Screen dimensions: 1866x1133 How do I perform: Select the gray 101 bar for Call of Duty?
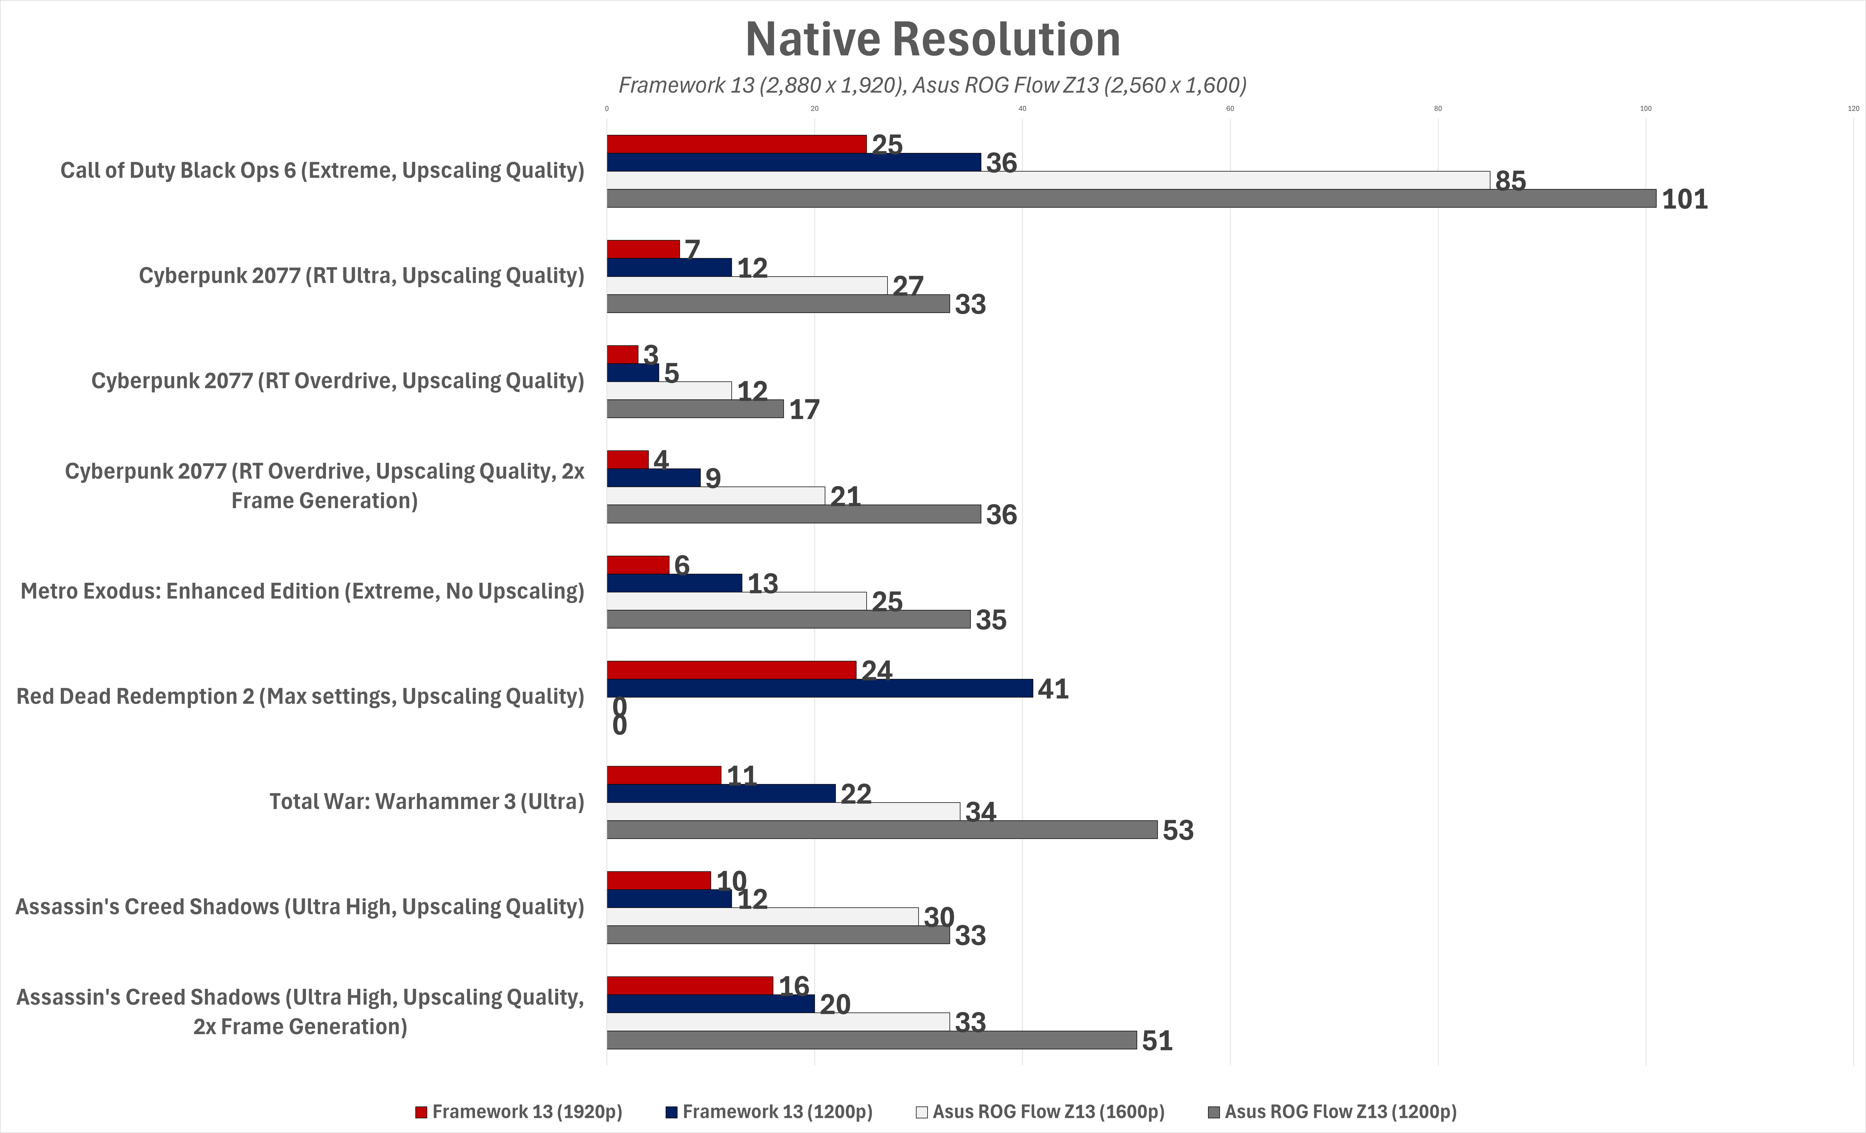(x=1131, y=198)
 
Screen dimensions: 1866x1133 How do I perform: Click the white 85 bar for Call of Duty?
(x=1048, y=180)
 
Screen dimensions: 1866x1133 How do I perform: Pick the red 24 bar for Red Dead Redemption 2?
(x=732, y=670)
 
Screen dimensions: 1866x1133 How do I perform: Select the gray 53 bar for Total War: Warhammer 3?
(x=882, y=829)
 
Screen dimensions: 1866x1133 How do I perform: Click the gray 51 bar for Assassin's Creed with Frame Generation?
(x=872, y=1040)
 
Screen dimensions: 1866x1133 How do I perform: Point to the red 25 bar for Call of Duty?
(x=737, y=144)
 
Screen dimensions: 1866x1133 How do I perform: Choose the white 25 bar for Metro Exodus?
(x=737, y=601)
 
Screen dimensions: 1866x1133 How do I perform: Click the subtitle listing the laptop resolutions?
(x=932, y=85)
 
